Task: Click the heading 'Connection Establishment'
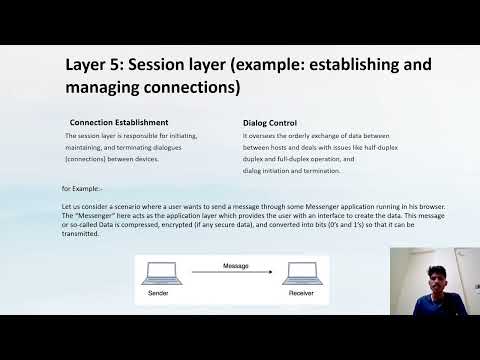tap(118, 122)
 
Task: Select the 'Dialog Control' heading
tap(269, 122)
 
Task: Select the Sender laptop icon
tap(157, 274)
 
